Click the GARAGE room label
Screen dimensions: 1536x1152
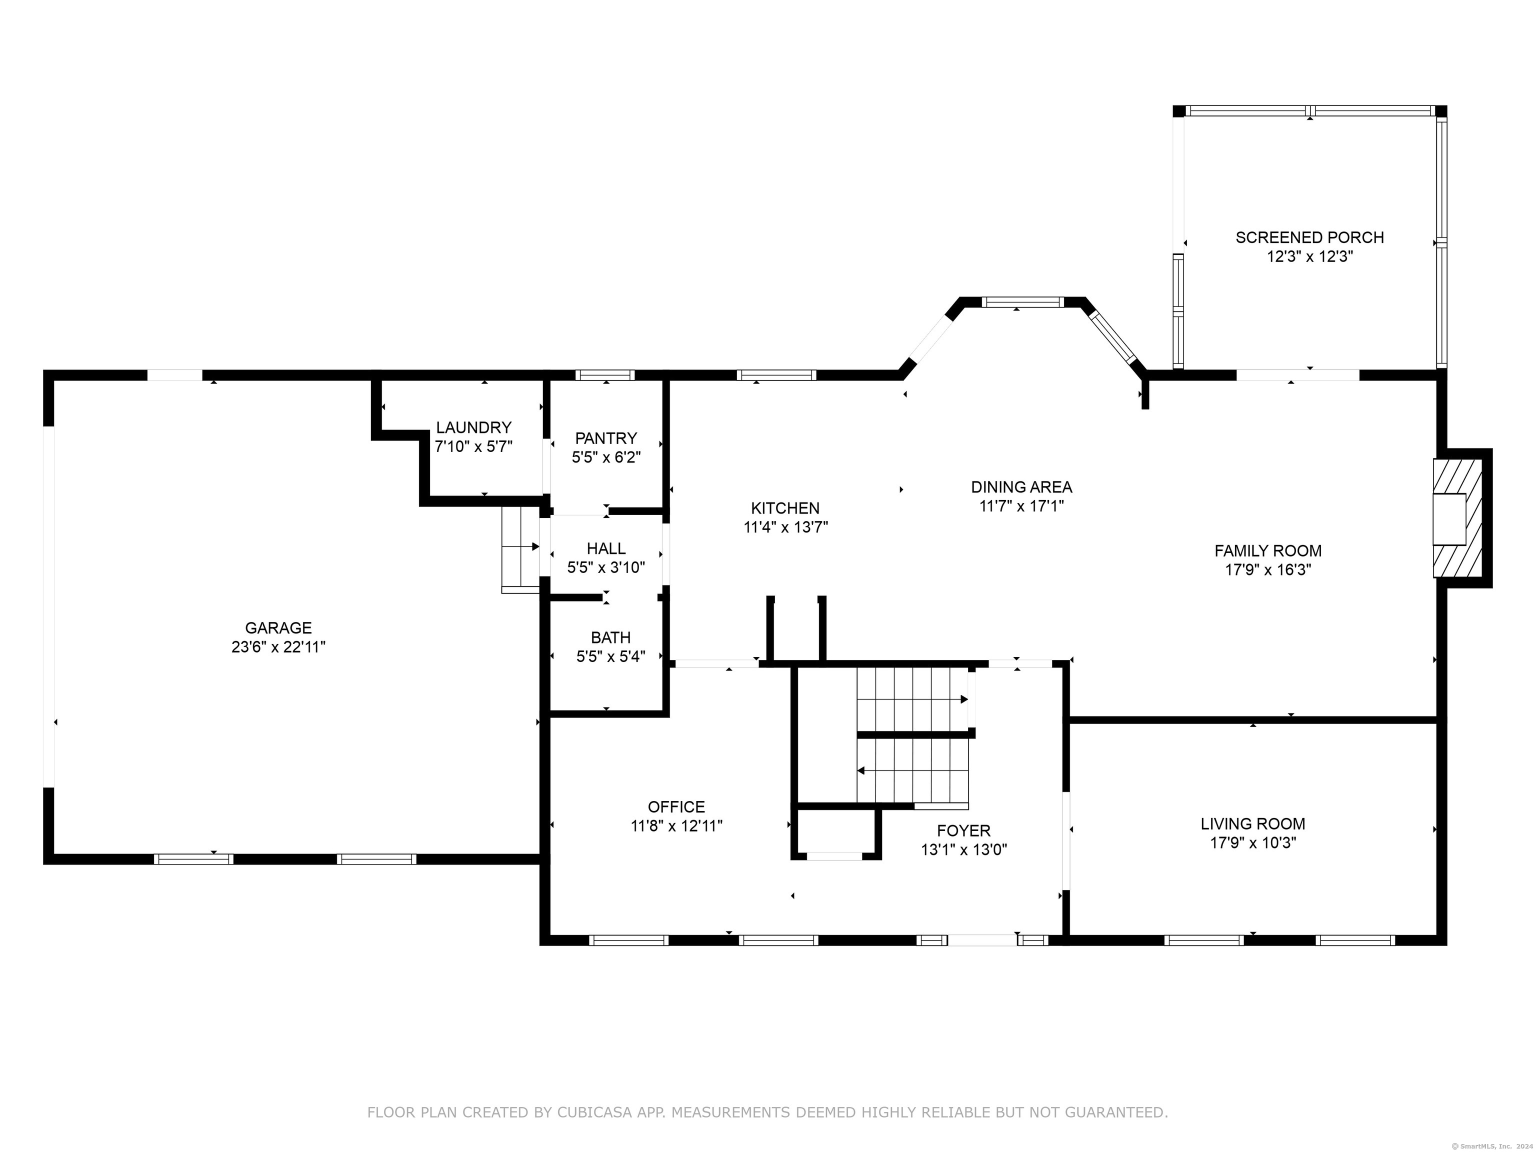(278, 627)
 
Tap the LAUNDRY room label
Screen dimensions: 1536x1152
(473, 427)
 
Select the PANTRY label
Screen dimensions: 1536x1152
(605, 438)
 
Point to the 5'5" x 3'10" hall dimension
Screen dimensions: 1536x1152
(606, 567)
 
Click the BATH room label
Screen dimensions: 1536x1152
(610, 637)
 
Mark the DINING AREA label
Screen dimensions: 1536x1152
(1021, 487)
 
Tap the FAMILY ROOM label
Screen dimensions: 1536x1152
(1268, 550)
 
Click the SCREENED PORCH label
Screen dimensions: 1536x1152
(1309, 237)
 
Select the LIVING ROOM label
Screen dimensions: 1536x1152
(1252, 823)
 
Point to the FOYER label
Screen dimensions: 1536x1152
(964, 830)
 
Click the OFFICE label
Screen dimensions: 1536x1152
(676, 807)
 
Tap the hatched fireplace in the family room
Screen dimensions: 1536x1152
(1457, 517)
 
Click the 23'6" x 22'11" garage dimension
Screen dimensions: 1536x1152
(278, 647)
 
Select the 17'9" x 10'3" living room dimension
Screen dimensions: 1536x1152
(1252, 843)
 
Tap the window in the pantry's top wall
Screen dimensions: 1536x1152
(605, 375)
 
